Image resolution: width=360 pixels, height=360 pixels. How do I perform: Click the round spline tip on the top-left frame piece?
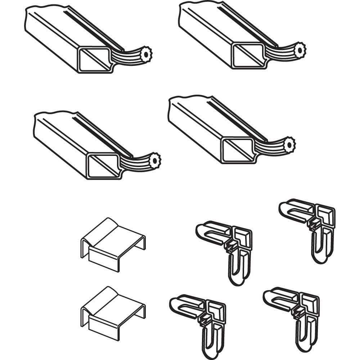coord(146,54)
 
